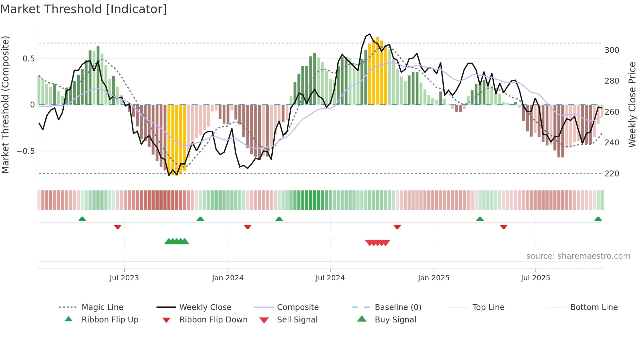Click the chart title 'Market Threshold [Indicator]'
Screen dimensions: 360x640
coord(84,9)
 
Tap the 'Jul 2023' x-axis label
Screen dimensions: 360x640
coord(124,278)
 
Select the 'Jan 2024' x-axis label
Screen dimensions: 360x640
coord(228,278)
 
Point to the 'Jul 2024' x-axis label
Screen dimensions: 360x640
coord(330,278)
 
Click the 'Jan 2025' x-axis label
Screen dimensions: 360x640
coord(434,278)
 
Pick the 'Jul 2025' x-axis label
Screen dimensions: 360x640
coord(536,278)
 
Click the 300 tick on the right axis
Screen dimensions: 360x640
coord(612,50)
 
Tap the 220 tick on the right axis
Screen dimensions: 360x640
coord(612,173)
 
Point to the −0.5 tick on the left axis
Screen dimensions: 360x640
coord(25,151)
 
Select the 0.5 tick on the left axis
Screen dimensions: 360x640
coord(28,59)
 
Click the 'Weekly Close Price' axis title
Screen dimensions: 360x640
coord(632,105)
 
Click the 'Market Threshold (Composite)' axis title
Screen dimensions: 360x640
coord(6,105)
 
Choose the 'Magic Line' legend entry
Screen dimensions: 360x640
coord(102,307)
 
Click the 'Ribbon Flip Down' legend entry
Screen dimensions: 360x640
coord(213,320)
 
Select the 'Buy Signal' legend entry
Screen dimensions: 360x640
coord(395,320)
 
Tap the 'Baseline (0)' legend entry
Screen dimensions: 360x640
coord(398,307)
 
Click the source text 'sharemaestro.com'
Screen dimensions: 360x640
coord(578,256)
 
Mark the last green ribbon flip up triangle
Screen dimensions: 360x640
coord(598,219)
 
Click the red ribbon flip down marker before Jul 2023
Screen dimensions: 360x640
coord(118,227)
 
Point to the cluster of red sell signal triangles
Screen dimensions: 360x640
coord(377,243)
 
